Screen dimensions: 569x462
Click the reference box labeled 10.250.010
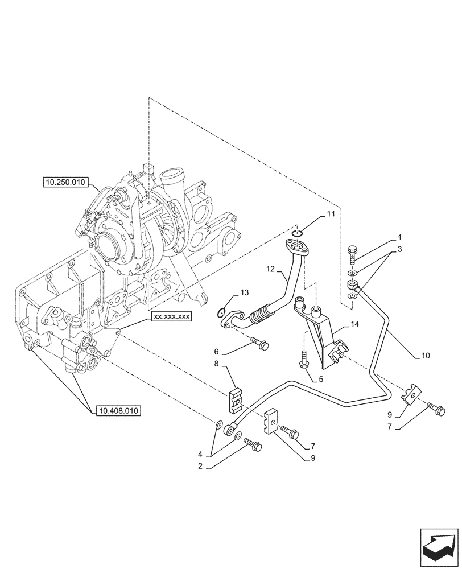[64, 183]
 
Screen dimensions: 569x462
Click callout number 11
[331, 214]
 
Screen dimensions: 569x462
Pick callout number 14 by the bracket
[354, 324]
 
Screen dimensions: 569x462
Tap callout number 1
[399, 237]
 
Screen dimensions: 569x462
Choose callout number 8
[217, 363]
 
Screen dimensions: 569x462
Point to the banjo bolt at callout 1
[353, 252]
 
